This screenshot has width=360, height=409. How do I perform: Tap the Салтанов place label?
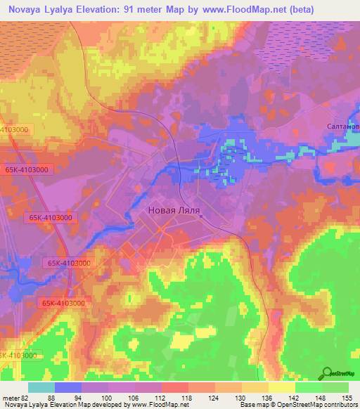[x=343, y=126]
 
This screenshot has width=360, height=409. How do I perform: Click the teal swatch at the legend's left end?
[x=41, y=387]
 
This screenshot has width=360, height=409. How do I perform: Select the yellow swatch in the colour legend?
[x=282, y=387]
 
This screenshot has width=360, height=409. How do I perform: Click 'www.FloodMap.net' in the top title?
[x=215, y=9]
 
